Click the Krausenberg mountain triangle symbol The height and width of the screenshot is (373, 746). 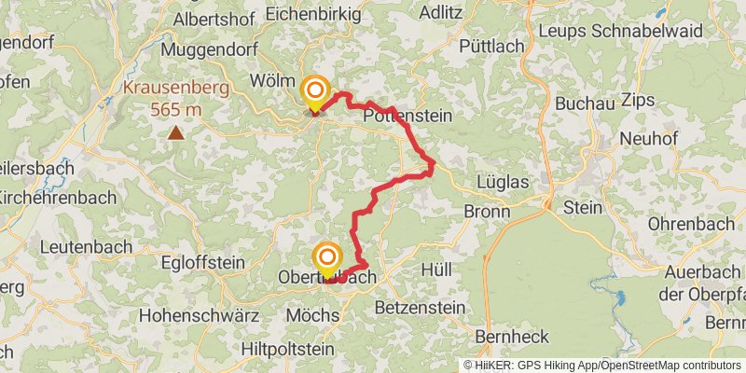pyautogui.click(x=175, y=132)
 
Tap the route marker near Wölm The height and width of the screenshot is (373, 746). pyautogui.click(x=315, y=91)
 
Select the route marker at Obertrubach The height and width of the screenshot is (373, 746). pyautogui.click(x=327, y=257)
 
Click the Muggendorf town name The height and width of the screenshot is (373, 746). pyautogui.click(x=213, y=48)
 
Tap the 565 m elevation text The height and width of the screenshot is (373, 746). pyautogui.click(x=176, y=110)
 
